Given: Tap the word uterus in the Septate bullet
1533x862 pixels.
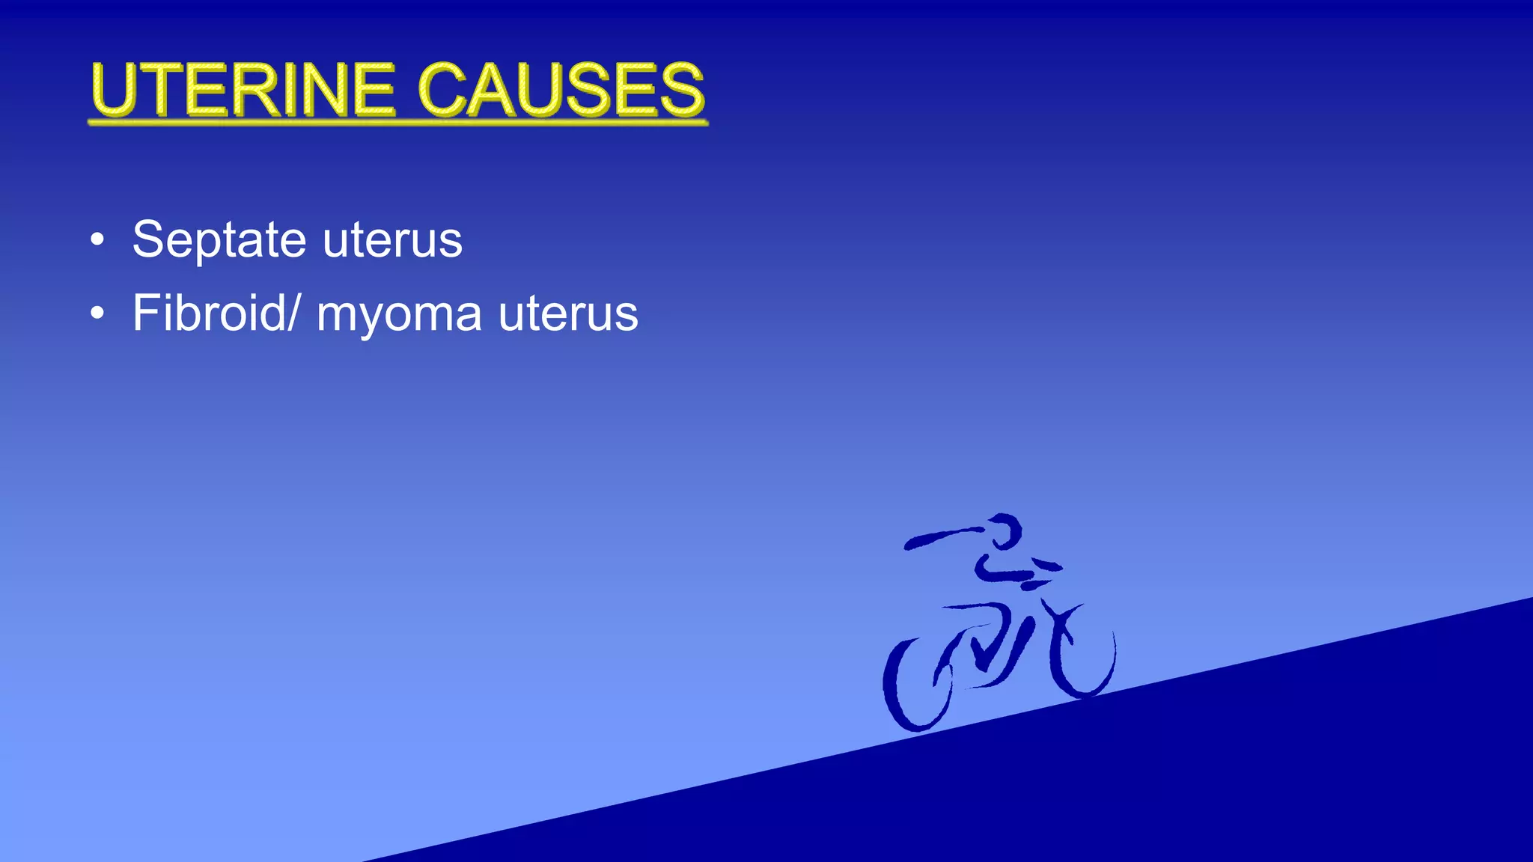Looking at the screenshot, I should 392,241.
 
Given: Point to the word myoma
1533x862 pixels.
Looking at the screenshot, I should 399,314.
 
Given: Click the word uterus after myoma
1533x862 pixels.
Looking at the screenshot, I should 568,314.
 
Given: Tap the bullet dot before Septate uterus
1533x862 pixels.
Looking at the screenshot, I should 97,241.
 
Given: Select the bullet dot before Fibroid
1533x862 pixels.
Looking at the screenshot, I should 97,314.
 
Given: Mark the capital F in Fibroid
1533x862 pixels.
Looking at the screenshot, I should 145,313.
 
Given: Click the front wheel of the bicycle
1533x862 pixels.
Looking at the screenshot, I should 1083,658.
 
